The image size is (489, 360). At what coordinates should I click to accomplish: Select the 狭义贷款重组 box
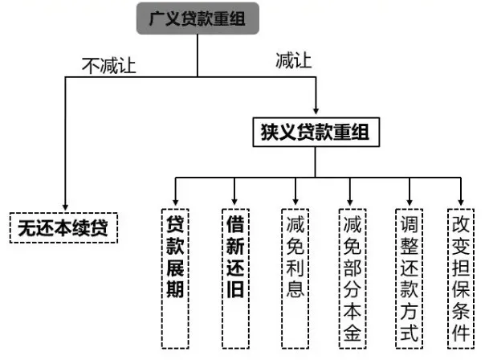tap(315, 130)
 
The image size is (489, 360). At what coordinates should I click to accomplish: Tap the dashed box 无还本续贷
tap(65, 228)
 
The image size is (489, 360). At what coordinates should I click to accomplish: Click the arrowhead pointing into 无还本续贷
tap(65, 206)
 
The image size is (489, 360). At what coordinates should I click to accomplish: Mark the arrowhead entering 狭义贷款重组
tap(315, 109)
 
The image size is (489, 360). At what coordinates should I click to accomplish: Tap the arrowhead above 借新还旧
tap(234, 198)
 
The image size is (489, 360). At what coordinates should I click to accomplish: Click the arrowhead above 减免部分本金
tap(351, 198)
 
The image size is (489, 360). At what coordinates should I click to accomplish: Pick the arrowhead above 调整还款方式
tap(410, 198)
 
